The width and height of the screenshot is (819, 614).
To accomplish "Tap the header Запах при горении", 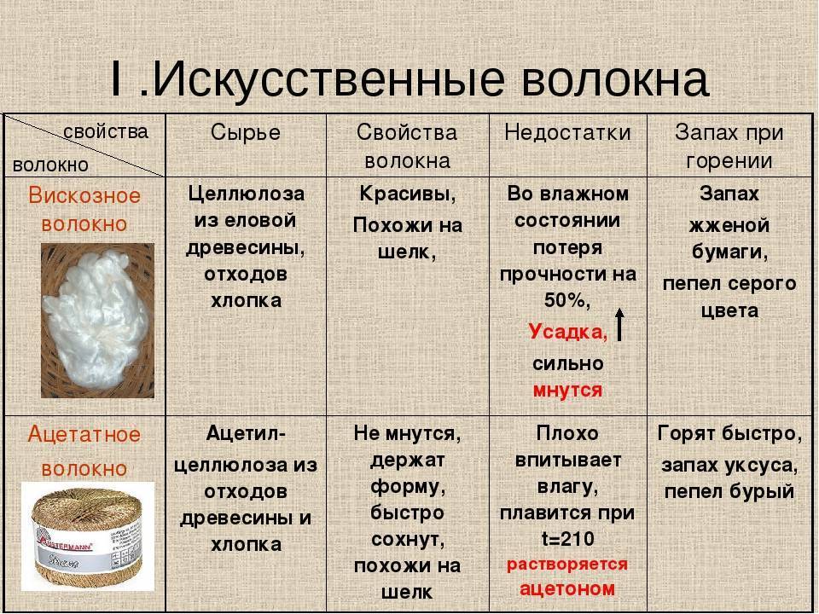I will [x=729, y=146].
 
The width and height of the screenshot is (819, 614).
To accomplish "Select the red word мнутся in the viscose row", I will [x=567, y=390].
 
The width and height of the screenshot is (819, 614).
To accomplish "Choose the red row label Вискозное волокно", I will [x=84, y=209].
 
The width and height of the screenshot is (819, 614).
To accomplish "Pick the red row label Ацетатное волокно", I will [x=84, y=451].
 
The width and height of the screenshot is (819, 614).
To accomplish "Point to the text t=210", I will [x=567, y=539].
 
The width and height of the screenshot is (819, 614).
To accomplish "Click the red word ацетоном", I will [x=567, y=588].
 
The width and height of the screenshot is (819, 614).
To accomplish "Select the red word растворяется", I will [x=567, y=565].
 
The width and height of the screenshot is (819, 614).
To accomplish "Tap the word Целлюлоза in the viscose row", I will [x=246, y=194].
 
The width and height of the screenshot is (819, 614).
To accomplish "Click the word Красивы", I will [x=407, y=194].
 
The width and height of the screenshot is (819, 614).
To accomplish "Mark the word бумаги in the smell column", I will [x=729, y=253].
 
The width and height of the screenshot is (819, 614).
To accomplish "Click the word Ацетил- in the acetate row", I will [x=246, y=434].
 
